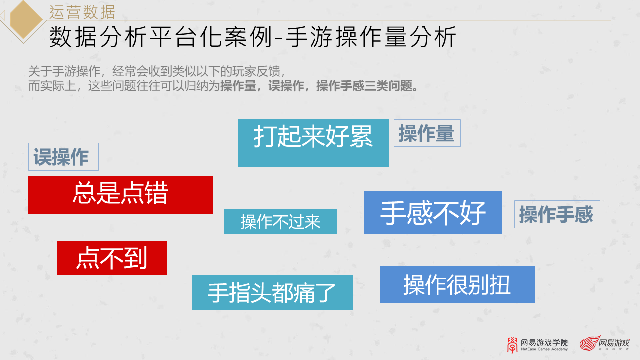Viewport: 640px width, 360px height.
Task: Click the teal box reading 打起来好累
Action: (x=313, y=143)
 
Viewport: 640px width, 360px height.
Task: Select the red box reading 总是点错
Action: (x=120, y=194)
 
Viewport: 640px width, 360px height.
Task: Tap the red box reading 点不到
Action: (x=112, y=258)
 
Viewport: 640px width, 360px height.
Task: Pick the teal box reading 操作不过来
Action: (x=280, y=221)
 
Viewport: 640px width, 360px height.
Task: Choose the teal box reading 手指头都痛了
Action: (x=272, y=292)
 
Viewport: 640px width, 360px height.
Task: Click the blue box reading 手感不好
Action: (x=433, y=212)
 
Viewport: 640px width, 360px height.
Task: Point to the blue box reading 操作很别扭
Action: (x=457, y=284)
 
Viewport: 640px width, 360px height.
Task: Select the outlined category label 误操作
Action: (x=63, y=157)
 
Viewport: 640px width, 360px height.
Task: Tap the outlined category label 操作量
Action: (x=427, y=133)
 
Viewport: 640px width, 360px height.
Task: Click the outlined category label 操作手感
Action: (x=557, y=214)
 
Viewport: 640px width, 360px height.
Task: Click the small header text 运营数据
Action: (x=82, y=11)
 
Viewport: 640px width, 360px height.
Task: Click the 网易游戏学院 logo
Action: (x=537, y=343)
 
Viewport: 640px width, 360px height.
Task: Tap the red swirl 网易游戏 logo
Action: (x=604, y=343)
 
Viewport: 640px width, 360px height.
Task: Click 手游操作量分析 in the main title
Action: (x=372, y=37)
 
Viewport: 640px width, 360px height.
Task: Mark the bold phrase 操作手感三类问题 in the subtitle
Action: (x=367, y=86)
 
